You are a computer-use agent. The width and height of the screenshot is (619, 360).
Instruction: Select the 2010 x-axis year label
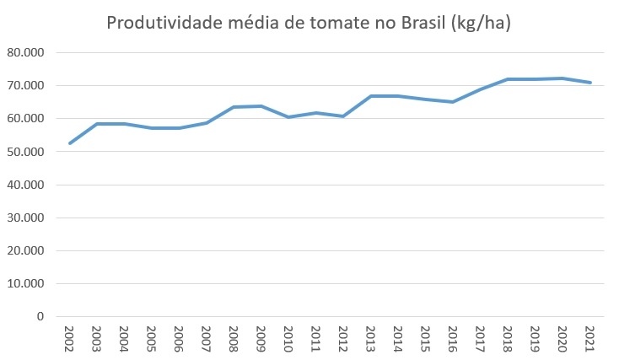tap(288, 339)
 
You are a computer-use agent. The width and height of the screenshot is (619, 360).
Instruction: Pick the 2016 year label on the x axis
tap(453, 339)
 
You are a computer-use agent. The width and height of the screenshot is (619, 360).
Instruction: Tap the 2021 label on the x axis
tap(590, 339)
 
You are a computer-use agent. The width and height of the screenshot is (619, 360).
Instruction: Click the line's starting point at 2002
tap(69, 143)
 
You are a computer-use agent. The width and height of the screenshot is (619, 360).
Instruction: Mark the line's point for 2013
tap(371, 96)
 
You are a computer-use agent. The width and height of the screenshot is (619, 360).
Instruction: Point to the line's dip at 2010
tap(288, 117)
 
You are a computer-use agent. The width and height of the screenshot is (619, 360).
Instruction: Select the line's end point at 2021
tap(590, 83)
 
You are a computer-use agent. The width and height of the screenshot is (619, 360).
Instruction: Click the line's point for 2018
tap(508, 79)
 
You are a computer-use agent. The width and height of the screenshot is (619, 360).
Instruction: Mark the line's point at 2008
tap(234, 107)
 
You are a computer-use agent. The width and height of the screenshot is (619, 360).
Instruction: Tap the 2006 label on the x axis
tap(179, 339)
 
